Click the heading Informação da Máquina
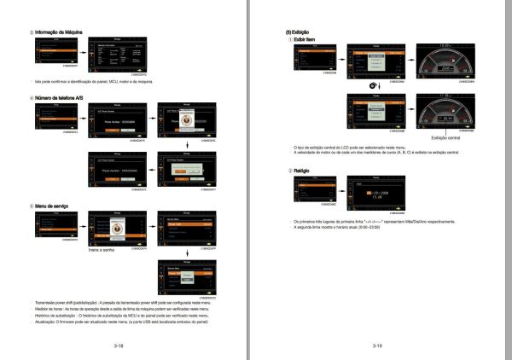tap(59, 32)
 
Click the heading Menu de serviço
tap(55, 206)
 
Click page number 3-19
tap(377, 346)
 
